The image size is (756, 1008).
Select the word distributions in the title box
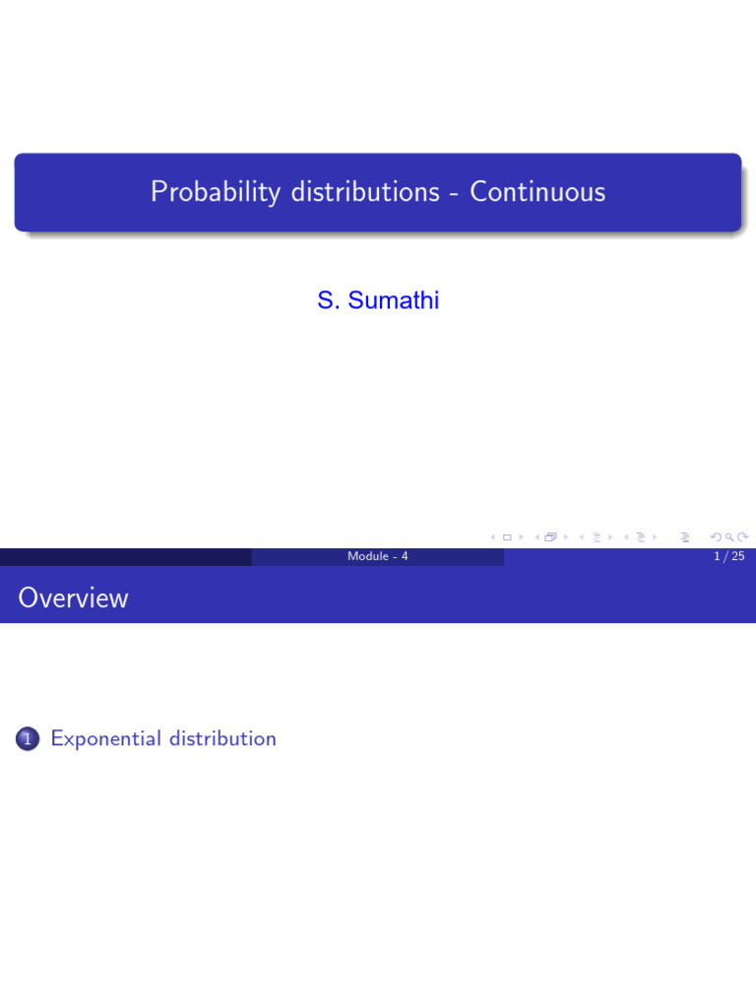[364, 192]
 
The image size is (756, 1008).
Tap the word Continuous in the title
[537, 192]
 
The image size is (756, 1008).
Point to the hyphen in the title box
[454, 194]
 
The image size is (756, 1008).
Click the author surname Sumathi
[392, 300]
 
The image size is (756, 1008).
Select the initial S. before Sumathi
[327, 300]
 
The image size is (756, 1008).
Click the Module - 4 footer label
[378, 557]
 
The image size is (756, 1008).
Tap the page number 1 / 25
[729, 557]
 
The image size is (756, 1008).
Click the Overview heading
[73, 598]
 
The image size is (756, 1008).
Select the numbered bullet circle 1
[28, 739]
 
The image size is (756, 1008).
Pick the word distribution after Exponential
[222, 738]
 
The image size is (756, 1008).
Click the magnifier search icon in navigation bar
[729, 537]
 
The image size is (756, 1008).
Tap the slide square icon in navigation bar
[507, 537]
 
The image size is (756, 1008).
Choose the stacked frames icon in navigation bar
[550, 537]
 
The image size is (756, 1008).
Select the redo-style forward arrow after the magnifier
[743, 537]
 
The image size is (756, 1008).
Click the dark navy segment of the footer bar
[126, 557]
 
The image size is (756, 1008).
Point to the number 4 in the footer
[404, 557]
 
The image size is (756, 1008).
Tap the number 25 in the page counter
[737, 557]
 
